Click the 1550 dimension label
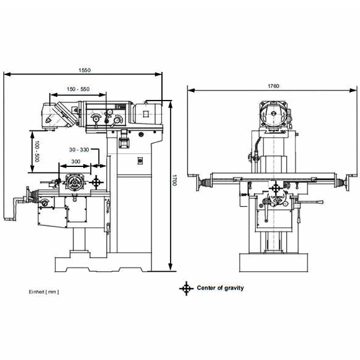point(84,70)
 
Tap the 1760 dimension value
point(274,86)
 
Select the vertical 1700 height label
point(174,181)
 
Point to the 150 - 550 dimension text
point(78,89)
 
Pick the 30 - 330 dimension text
point(79,150)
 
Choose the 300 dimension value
point(76,161)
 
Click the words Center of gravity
point(220,288)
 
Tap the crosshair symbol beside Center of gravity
point(186,289)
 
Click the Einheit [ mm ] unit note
point(43,292)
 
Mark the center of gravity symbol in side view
point(96,182)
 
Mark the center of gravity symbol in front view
point(276,188)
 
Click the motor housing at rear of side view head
point(147,114)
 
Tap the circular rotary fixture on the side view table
point(74,182)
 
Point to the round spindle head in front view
point(273,114)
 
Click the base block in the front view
point(274,263)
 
